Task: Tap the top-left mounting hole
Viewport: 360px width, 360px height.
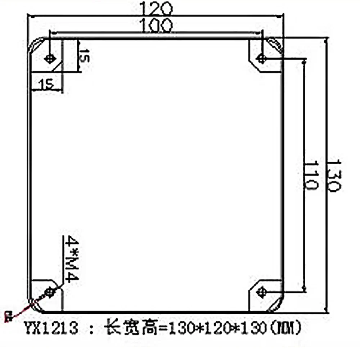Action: (x=50, y=58)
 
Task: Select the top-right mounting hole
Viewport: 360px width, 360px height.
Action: (x=261, y=58)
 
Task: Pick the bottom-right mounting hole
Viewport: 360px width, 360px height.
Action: (x=261, y=291)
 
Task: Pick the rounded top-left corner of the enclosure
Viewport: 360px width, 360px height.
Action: (x=34, y=45)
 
